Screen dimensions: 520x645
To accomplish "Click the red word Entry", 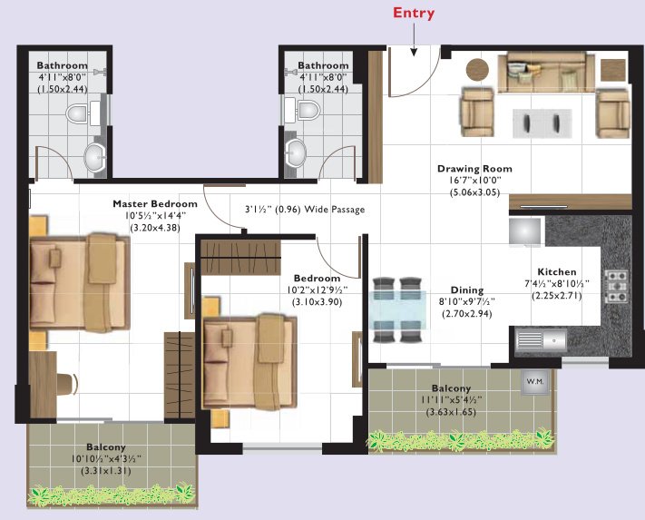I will [x=413, y=13].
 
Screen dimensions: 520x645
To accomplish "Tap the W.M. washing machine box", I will [x=533, y=382].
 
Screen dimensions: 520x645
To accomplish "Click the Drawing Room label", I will [x=474, y=169].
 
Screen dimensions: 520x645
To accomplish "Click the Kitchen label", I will [x=556, y=271].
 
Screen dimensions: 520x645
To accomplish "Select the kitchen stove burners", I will [x=617, y=285].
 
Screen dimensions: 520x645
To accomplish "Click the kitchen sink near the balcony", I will [x=541, y=342].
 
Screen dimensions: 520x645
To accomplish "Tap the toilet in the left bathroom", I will [x=78, y=114].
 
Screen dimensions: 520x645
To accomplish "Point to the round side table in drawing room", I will [x=477, y=69].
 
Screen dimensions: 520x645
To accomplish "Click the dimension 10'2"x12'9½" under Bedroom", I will [x=316, y=289].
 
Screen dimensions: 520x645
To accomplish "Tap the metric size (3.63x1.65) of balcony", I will [x=450, y=412].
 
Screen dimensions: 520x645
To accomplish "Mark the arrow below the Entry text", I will [x=413, y=41].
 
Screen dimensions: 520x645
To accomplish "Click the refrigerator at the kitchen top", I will [x=524, y=232].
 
